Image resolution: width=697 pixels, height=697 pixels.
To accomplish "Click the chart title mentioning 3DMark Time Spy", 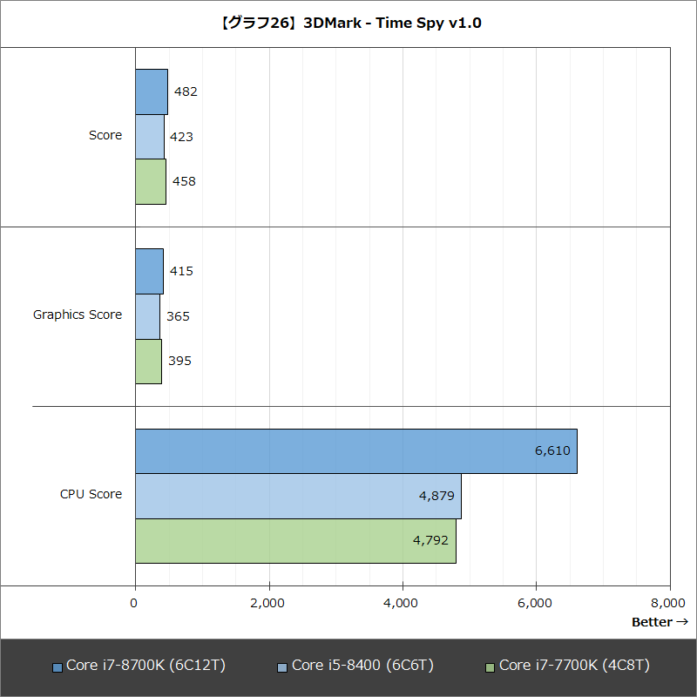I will (x=348, y=23).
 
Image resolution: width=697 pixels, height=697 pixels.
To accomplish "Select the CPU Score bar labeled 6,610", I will (x=355, y=451).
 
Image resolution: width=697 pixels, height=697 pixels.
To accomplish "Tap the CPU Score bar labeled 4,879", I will (x=298, y=496).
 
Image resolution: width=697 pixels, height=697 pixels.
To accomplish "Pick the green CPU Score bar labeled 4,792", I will (x=295, y=541).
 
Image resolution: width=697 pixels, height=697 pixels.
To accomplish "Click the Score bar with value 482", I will (x=151, y=91).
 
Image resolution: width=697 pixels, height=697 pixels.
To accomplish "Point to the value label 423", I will (x=181, y=137).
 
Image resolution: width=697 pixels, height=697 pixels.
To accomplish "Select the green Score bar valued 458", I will (x=150, y=181).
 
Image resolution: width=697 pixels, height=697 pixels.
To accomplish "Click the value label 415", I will (x=181, y=271).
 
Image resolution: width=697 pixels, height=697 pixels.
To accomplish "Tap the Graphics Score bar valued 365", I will (x=147, y=316).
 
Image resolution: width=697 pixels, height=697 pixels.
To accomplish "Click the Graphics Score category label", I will (x=78, y=315).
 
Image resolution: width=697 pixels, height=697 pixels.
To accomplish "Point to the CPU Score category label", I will (x=91, y=494).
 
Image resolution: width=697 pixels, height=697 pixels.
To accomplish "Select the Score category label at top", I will (x=105, y=135).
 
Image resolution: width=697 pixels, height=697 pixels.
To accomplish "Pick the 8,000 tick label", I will (x=668, y=603).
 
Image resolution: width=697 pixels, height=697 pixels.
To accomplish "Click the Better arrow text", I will (x=660, y=622).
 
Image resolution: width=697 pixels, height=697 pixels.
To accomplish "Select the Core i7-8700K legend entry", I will (x=139, y=666).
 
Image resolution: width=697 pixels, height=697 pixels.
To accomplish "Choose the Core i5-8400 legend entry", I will (x=355, y=666).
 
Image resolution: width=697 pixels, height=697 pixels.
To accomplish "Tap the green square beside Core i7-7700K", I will (x=490, y=667).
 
